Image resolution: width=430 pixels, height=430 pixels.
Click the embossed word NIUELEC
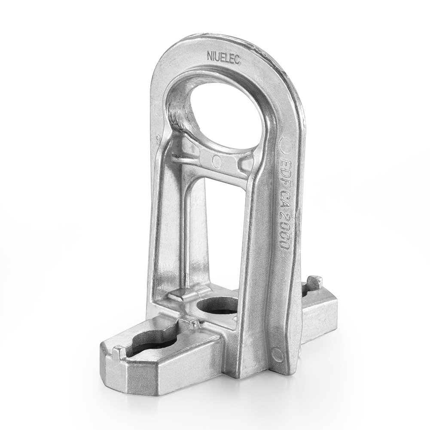click(x=224, y=57)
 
